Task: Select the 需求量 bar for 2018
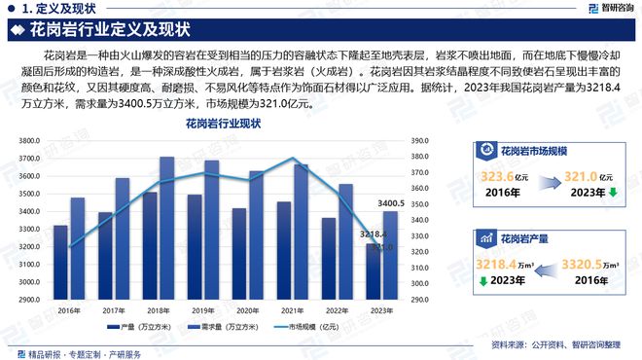166,229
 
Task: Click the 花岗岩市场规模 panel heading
534,151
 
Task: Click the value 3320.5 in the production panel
588,264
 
